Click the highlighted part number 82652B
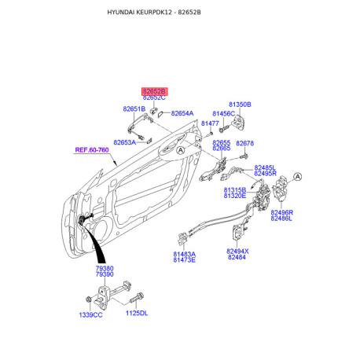(154, 91)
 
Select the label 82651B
(134, 108)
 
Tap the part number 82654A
(182, 113)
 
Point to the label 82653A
(125, 142)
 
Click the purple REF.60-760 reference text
(92, 150)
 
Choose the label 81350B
(240, 105)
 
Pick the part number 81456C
(224, 114)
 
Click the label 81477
(210, 123)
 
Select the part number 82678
(245, 143)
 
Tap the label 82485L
(265, 167)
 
